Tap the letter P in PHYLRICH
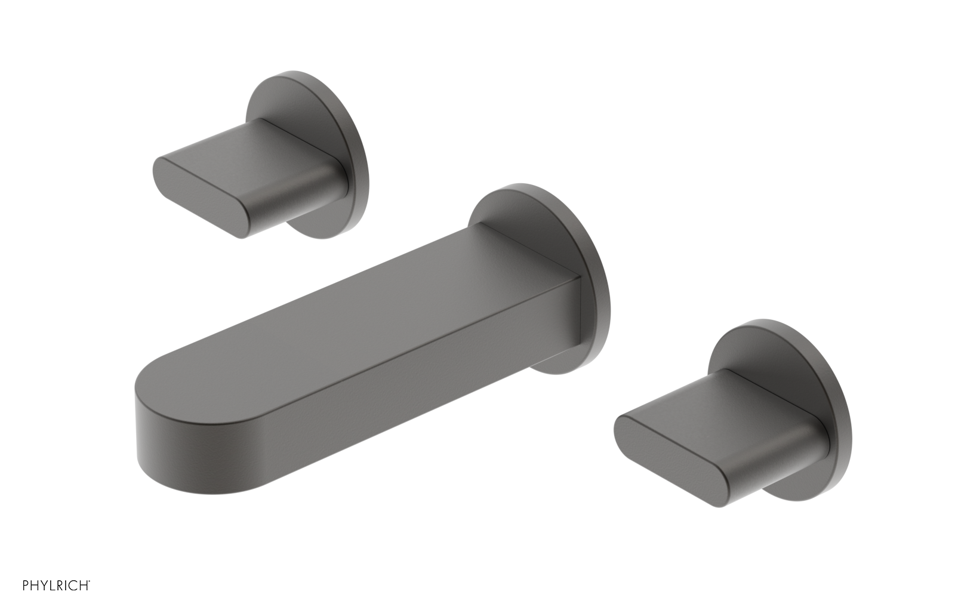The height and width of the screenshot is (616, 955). pos(26,602)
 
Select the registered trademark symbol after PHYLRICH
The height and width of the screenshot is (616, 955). pos(90,598)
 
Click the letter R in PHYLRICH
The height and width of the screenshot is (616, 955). pos(61,602)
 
